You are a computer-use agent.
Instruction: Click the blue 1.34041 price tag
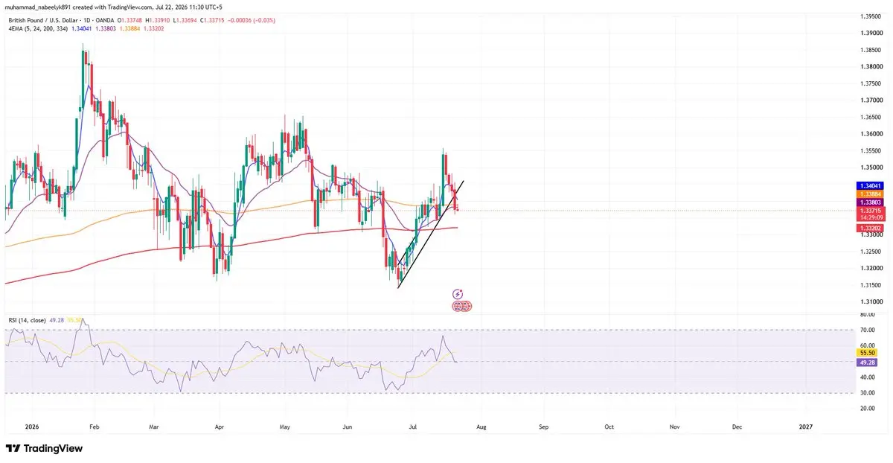click(869, 186)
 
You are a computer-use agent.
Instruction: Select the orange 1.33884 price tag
click(869, 194)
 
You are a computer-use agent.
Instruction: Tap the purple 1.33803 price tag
click(869, 202)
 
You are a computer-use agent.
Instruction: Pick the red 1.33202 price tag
click(869, 228)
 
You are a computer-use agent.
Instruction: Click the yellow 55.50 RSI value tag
click(867, 353)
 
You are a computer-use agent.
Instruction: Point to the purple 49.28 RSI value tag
click(867, 363)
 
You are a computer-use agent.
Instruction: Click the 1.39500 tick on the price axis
click(870, 16)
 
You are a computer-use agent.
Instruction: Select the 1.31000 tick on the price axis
click(870, 301)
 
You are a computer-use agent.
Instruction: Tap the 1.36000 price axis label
click(870, 133)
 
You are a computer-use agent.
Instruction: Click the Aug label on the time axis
click(481, 427)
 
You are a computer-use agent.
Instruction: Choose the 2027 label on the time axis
click(806, 427)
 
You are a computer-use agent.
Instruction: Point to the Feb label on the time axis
click(94, 427)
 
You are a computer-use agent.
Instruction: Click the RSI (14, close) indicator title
click(27, 320)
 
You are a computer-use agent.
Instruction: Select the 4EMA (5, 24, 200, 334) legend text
click(38, 29)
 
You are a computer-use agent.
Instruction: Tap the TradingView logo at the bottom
click(44, 448)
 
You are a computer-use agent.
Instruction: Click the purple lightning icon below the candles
click(458, 294)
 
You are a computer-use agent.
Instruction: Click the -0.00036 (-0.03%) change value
click(252, 20)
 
